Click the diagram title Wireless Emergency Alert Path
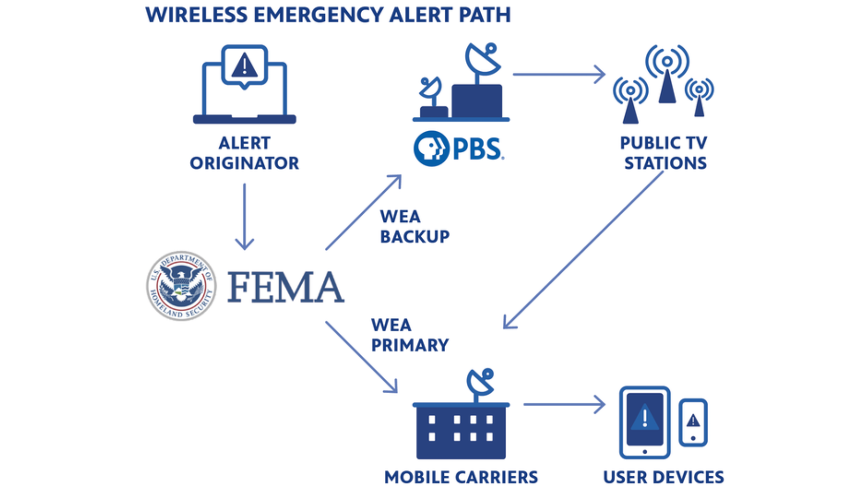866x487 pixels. point(328,15)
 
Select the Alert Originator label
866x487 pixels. point(244,153)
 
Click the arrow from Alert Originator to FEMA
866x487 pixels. point(244,216)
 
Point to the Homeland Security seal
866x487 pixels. point(181,286)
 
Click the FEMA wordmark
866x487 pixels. point(286,287)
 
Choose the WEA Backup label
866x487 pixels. point(415,226)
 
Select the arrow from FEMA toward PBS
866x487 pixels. point(364,212)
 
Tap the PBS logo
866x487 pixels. point(459,148)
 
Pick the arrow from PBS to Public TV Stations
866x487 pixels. point(559,74)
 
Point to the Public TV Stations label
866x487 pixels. point(664,153)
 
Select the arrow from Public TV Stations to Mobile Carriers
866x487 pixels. point(583,250)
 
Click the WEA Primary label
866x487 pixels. point(410,335)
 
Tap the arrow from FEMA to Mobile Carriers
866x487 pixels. point(361,357)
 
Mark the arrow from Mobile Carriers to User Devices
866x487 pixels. point(564,404)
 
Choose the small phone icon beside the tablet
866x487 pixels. point(693,423)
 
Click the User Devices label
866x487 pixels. point(663,477)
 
